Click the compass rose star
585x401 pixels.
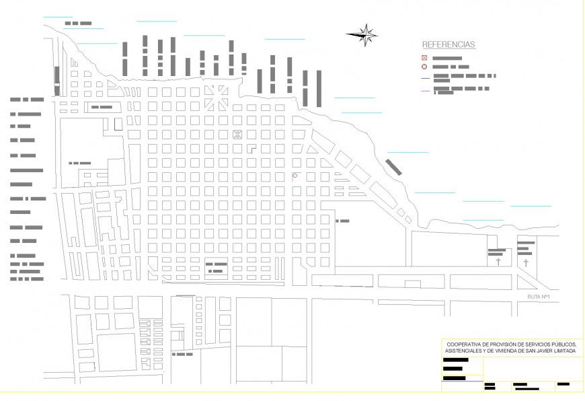364,34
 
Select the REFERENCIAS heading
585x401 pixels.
448,45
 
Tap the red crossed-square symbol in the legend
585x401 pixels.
424,59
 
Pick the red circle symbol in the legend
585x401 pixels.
424,67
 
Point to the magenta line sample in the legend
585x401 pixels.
425,89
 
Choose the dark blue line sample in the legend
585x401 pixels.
425,77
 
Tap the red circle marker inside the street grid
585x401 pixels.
295,176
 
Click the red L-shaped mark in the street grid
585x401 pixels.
251,148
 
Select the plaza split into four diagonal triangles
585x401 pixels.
217,97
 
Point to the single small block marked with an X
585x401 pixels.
237,134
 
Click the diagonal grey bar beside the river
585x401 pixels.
394,166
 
